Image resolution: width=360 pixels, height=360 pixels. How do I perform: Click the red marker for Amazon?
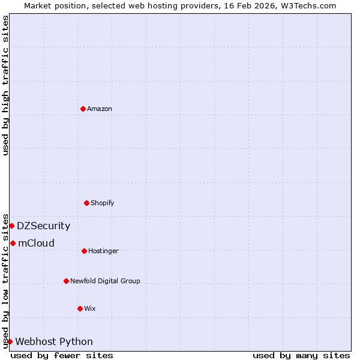[83, 109]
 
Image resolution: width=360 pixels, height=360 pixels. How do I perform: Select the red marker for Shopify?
[86, 203]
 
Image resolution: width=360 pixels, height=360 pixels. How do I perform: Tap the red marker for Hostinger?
[84, 251]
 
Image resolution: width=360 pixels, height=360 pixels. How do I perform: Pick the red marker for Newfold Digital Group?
[66, 281]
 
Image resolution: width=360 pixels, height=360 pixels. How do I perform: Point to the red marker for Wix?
[80, 308]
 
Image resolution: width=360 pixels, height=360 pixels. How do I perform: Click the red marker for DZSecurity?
[11, 226]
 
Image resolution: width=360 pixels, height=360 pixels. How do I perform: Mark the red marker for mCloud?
[13, 243]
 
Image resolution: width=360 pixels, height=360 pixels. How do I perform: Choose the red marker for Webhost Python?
[10, 341]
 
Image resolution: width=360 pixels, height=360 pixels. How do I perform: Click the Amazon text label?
[100, 109]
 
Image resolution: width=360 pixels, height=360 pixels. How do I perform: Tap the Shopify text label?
[103, 203]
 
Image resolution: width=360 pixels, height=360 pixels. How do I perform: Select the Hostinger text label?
[103, 251]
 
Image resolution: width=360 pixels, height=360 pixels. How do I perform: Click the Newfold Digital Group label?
[105, 281]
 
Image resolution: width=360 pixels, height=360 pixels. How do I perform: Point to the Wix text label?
[90, 308]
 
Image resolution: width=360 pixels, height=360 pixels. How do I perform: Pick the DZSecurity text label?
[43, 226]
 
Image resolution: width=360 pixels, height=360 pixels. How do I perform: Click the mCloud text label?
[36, 243]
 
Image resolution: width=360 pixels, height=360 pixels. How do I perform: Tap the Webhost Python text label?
[54, 341]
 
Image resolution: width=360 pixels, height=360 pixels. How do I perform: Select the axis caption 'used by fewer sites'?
[62, 355]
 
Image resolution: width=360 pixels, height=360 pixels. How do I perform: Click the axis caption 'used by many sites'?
[301, 355]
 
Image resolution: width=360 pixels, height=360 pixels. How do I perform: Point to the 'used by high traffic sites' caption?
[5, 85]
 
